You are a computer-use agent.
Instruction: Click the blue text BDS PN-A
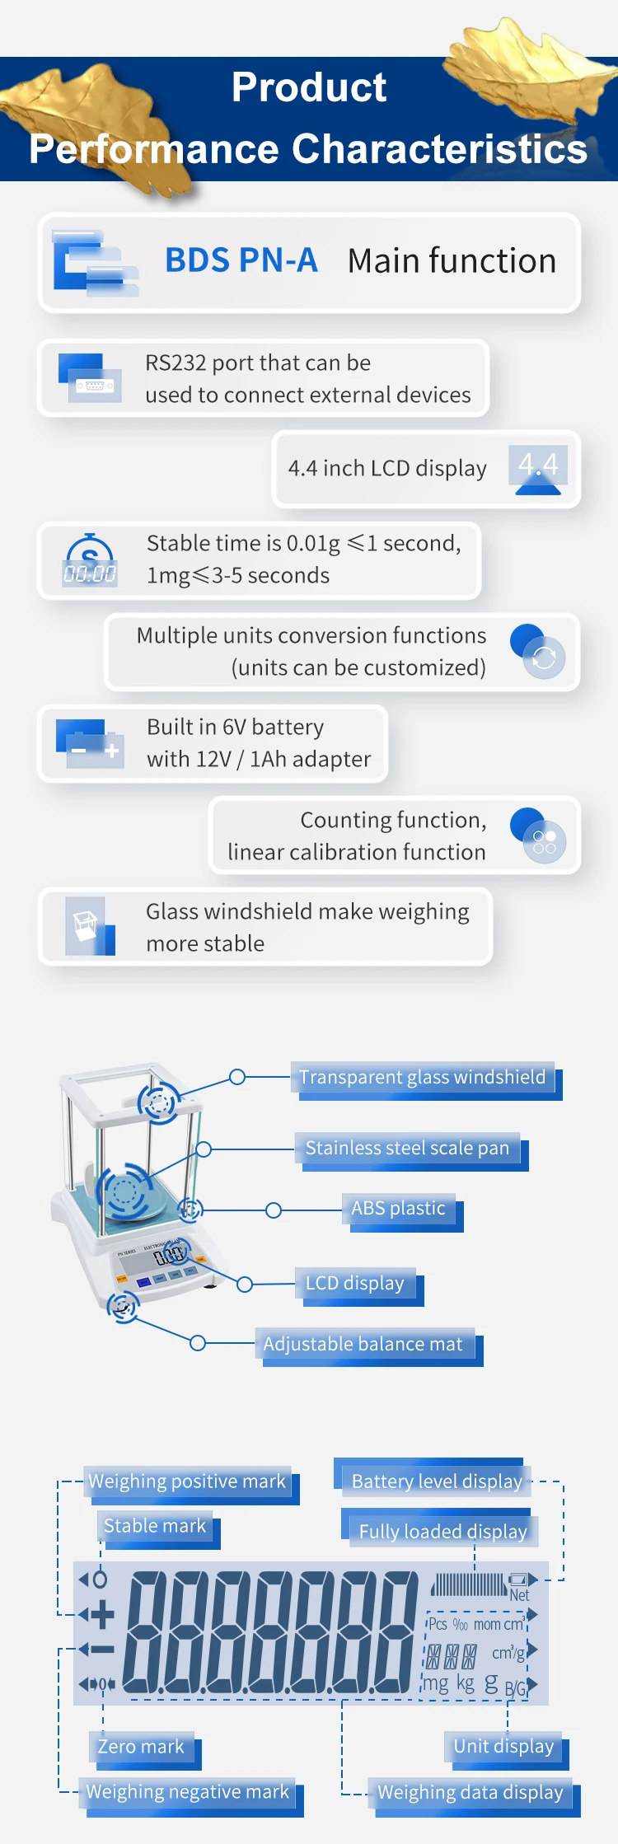(x=241, y=260)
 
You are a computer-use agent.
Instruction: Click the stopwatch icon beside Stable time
(x=90, y=560)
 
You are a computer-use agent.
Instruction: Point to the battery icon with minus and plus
(x=90, y=743)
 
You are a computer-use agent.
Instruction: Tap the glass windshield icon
(x=90, y=926)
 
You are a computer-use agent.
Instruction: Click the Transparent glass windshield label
(x=422, y=1077)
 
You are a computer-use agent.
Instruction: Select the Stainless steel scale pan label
(x=407, y=1148)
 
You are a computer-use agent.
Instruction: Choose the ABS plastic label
(x=398, y=1209)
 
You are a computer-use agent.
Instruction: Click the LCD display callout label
(x=354, y=1283)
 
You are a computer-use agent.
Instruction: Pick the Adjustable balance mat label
(x=363, y=1344)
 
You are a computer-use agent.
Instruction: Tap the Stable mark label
(x=155, y=1526)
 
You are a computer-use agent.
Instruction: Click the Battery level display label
(x=437, y=1481)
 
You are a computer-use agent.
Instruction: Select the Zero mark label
(x=141, y=1747)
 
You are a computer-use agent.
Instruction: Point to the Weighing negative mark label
(x=188, y=1792)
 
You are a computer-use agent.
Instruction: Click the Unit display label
(x=503, y=1746)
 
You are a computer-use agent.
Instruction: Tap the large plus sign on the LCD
(x=102, y=1615)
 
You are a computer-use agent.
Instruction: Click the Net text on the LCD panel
(x=519, y=1595)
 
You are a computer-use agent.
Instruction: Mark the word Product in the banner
(x=309, y=87)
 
